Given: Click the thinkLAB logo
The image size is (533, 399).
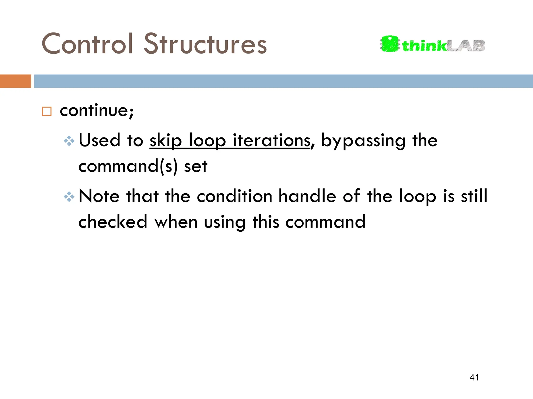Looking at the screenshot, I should click(432, 44).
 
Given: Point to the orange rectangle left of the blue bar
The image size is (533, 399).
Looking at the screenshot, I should click(15, 81).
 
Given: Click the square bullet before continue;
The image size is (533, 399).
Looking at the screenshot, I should click(47, 111).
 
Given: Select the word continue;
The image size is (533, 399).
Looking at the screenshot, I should click(97, 111).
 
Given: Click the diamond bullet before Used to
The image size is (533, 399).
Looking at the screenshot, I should click(69, 141).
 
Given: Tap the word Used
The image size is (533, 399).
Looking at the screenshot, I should click(99, 140).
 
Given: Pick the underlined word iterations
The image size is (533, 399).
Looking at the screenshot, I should click(271, 140).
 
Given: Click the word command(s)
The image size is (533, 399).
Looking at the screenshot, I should click(128, 167).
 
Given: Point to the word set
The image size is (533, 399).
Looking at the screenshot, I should click(196, 167).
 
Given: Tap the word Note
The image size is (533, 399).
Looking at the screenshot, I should click(99, 196).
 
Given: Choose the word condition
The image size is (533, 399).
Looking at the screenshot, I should click(234, 196).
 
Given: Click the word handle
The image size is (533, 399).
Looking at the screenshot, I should click(307, 196).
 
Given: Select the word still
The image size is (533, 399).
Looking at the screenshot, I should click(474, 196).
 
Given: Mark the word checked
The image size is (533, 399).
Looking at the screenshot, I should click(113, 222).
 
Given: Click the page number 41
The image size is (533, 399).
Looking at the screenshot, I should click(474, 377).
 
